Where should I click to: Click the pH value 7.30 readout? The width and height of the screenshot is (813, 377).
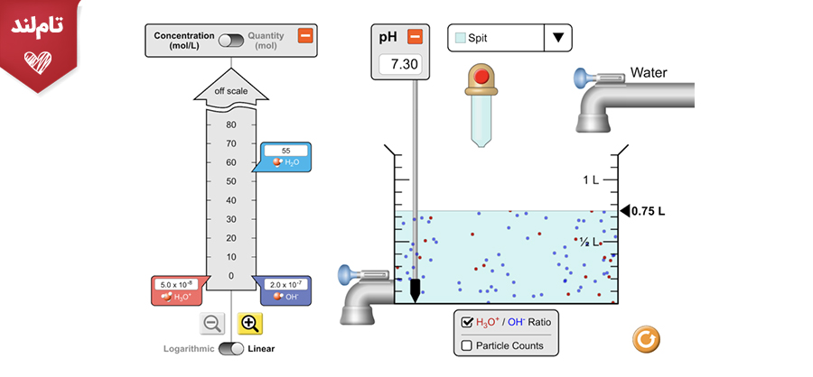[400, 64]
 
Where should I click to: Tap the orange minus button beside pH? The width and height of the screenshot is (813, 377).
[416, 37]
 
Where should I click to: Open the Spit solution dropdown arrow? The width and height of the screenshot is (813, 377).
[558, 38]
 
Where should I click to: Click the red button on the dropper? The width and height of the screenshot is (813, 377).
[481, 77]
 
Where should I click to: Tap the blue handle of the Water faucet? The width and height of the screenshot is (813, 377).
[580, 78]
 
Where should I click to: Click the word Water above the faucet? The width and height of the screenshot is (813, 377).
[649, 72]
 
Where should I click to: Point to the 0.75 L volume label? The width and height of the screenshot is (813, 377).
[648, 211]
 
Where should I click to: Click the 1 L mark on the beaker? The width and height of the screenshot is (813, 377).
[591, 180]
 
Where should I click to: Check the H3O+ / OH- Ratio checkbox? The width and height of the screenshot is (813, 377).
[467, 322]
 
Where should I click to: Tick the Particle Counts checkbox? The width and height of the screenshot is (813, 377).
[467, 346]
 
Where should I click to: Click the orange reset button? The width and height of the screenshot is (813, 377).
[646, 340]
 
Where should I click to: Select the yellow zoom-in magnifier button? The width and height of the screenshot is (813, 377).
[250, 323]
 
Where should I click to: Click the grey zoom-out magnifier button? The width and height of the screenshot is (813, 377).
[212, 323]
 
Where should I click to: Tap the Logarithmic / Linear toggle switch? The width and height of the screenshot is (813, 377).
[231, 348]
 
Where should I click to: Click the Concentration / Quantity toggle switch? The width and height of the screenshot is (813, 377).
[231, 41]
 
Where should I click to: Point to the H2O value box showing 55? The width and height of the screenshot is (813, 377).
[285, 151]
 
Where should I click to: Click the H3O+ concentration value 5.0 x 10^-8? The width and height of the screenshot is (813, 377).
[176, 285]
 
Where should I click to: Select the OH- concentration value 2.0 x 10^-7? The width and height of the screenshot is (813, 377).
[285, 285]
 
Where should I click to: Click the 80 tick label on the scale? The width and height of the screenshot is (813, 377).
[231, 124]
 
